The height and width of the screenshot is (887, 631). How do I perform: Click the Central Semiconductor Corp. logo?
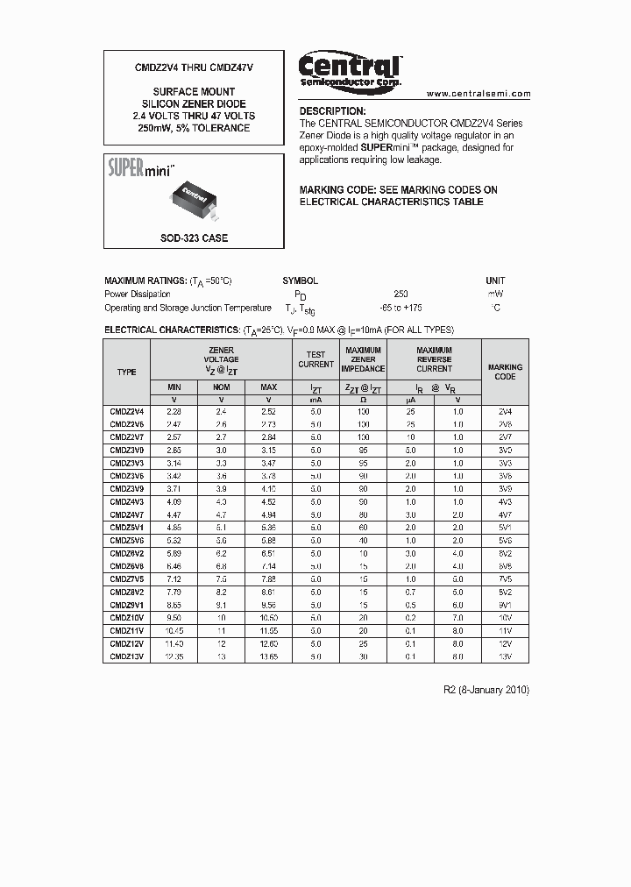pyautogui.click(x=350, y=69)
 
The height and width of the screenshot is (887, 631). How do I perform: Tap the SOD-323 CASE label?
pyautogui.click(x=194, y=238)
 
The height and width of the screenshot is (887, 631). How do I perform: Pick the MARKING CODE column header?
pyautogui.click(x=505, y=372)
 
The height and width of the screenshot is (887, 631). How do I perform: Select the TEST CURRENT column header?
pyautogui.click(x=315, y=359)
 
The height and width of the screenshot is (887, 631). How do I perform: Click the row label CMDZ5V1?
pyautogui.click(x=127, y=528)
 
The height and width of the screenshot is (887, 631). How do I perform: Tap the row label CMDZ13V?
pyautogui.click(x=127, y=656)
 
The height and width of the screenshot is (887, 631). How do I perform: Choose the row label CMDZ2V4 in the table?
pyautogui.click(x=127, y=411)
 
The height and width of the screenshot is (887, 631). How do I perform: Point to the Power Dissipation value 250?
pyautogui.click(x=401, y=294)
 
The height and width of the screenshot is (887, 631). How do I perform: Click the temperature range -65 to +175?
pyautogui.click(x=401, y=308)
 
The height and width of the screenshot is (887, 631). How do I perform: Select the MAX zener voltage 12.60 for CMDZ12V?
pyautogui.click(x=268, y=643)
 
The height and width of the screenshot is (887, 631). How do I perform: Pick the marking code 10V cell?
pyautogui.click(x=505, y=617)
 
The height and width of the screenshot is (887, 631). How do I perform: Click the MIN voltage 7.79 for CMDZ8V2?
pyautogui.click(x=174, y=592)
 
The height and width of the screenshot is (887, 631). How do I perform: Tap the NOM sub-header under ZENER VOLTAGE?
pyautogui.click(x=221, y=387)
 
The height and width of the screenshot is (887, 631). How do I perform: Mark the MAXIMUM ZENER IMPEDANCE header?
pyautogui.click(x=363, y=359)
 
